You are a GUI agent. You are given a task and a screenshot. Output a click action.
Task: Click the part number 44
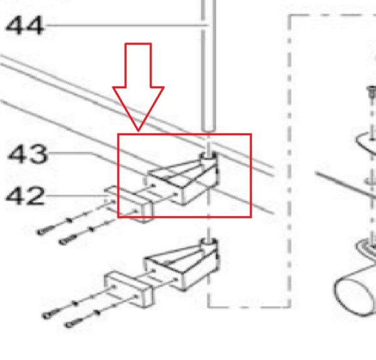(x=24, y=25)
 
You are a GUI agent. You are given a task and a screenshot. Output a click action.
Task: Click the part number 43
(x=28, y=154)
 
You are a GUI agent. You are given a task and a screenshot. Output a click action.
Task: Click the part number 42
(x=25, y=196)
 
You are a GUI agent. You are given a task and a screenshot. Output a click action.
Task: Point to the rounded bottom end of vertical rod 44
(x=209, y=129)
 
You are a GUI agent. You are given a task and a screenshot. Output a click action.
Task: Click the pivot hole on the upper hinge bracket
(x=207, y=156)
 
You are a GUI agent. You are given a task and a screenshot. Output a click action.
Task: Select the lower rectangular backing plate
(x=128, y=289)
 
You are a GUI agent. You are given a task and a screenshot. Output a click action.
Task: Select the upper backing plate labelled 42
(x=128, y=204)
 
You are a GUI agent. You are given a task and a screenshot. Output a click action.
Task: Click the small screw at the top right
(x=372, y=92)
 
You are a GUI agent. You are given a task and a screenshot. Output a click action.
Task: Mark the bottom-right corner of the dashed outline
(x=290, y=307)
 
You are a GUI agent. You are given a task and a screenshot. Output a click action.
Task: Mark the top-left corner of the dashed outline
(x=290, y=16)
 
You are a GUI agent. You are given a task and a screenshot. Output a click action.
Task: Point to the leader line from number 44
(x=127, y=25)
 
